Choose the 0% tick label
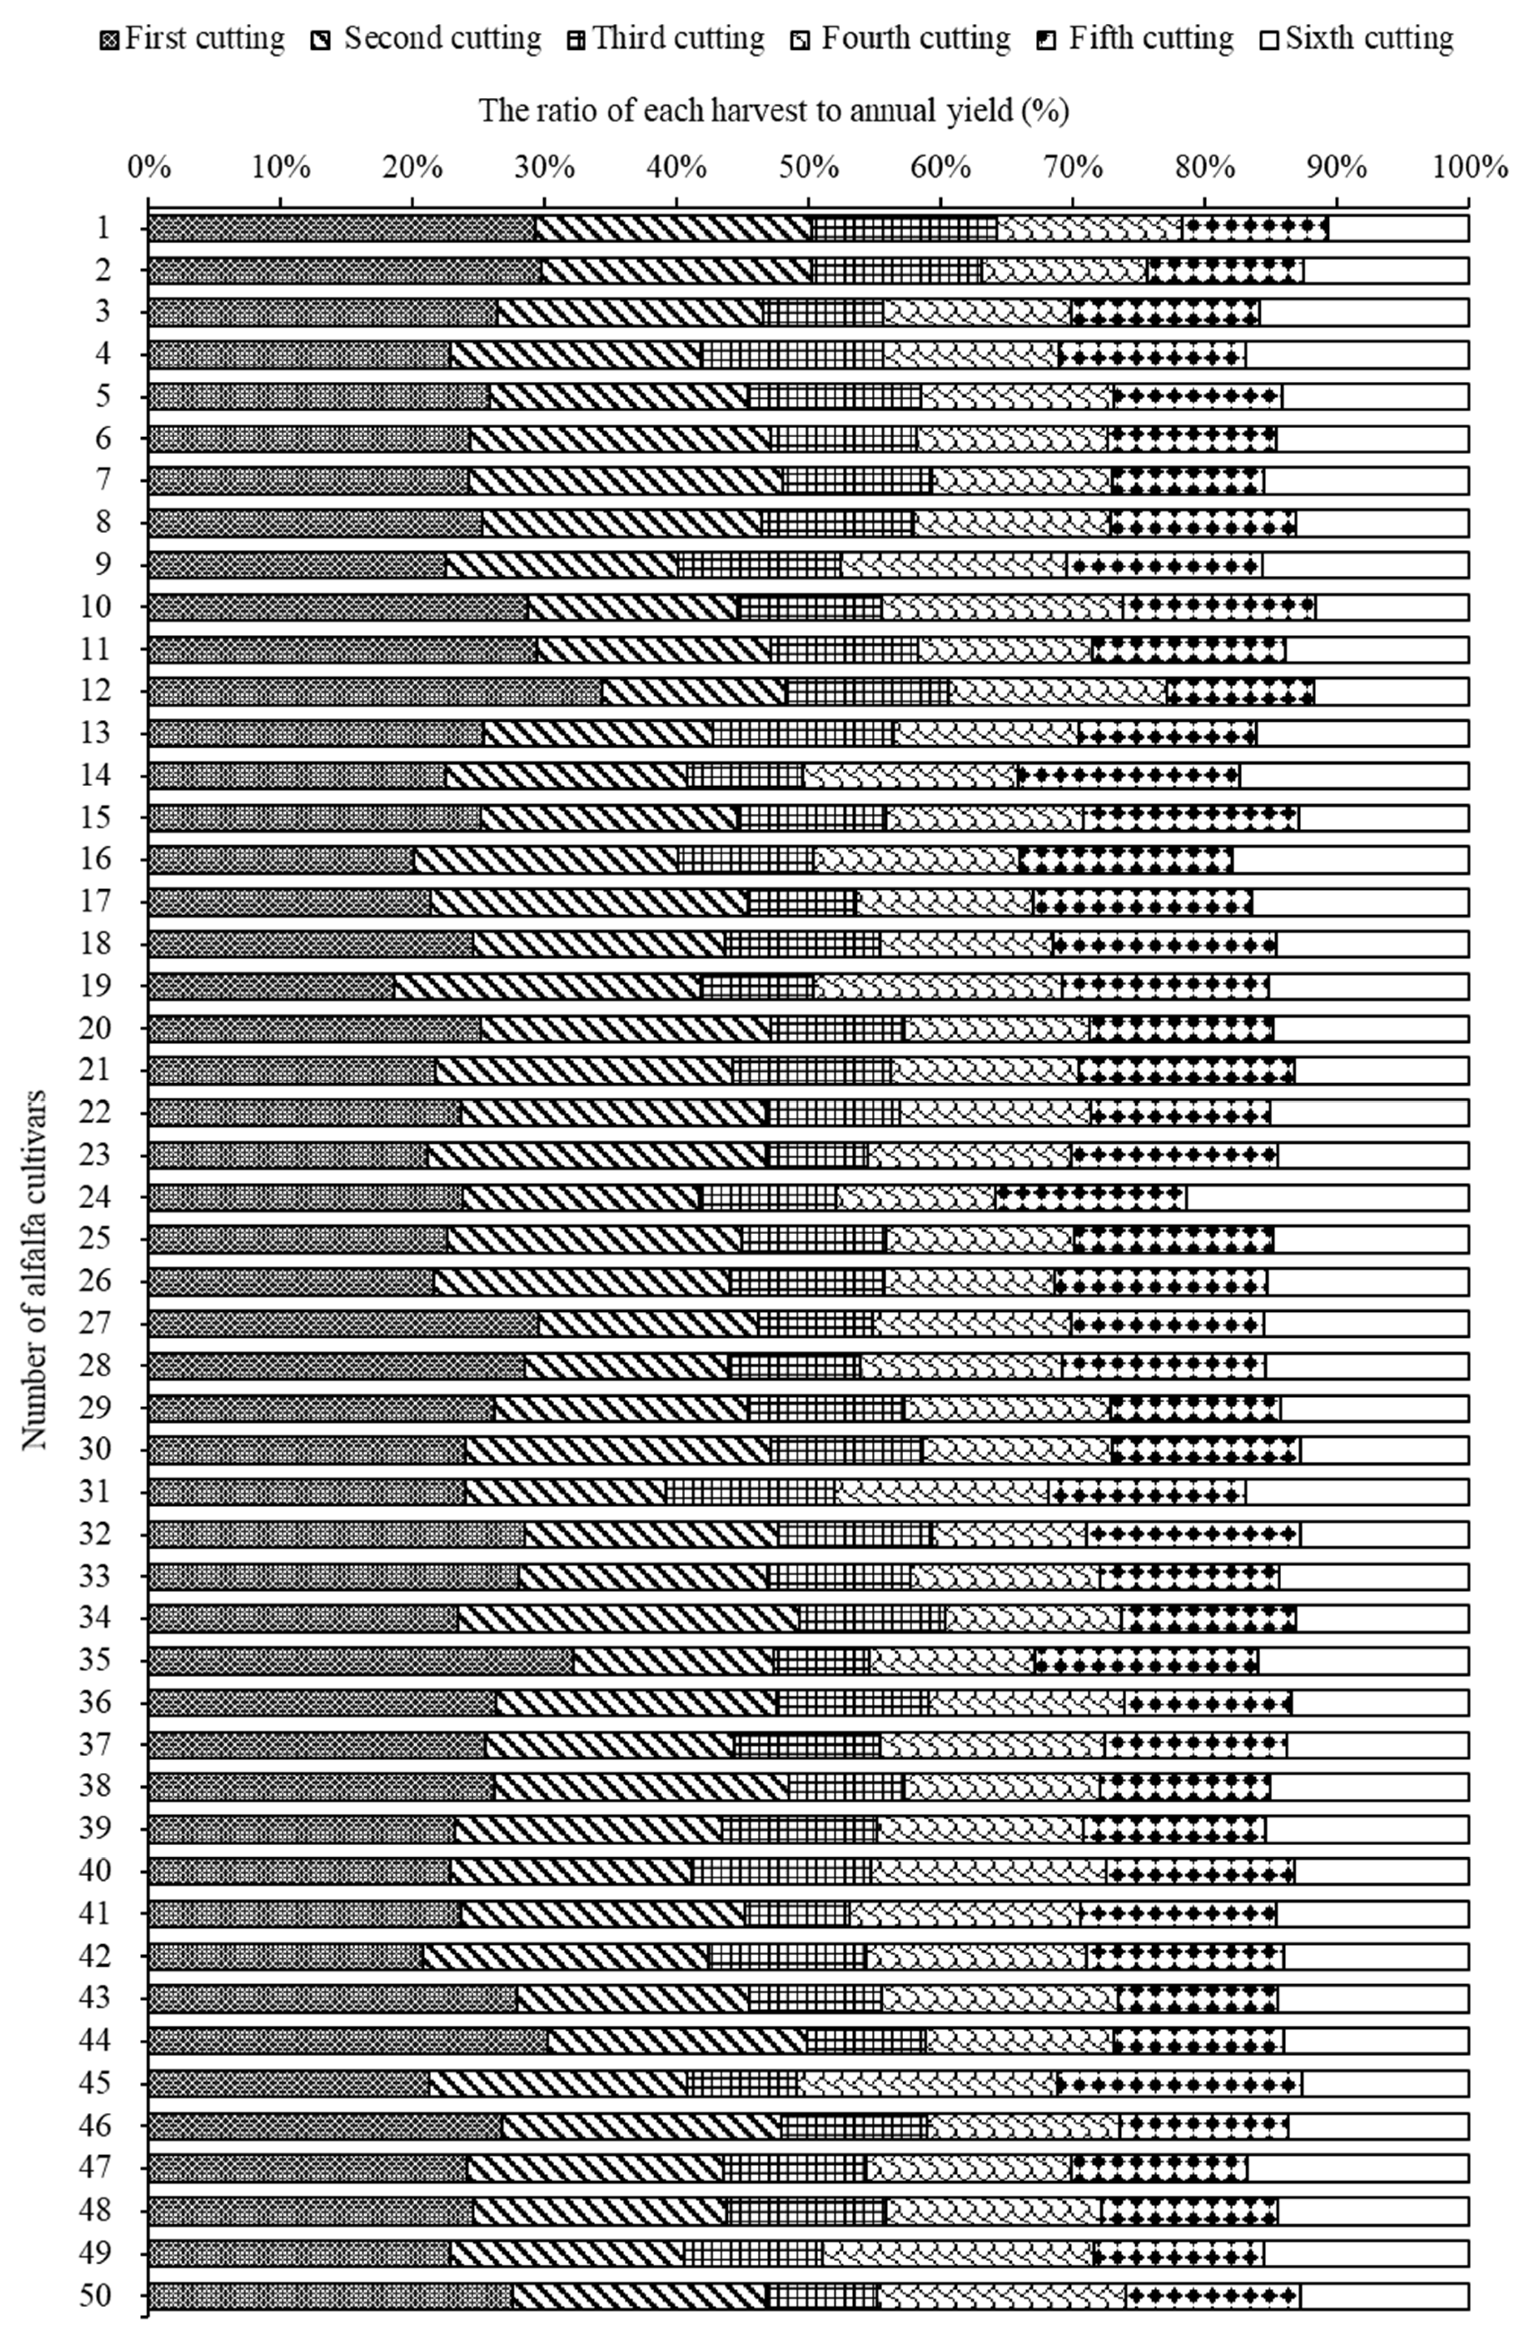tap(150, 167)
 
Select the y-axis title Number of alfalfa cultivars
tap(35, 1268)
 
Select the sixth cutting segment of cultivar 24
tap(1326, 1197)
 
